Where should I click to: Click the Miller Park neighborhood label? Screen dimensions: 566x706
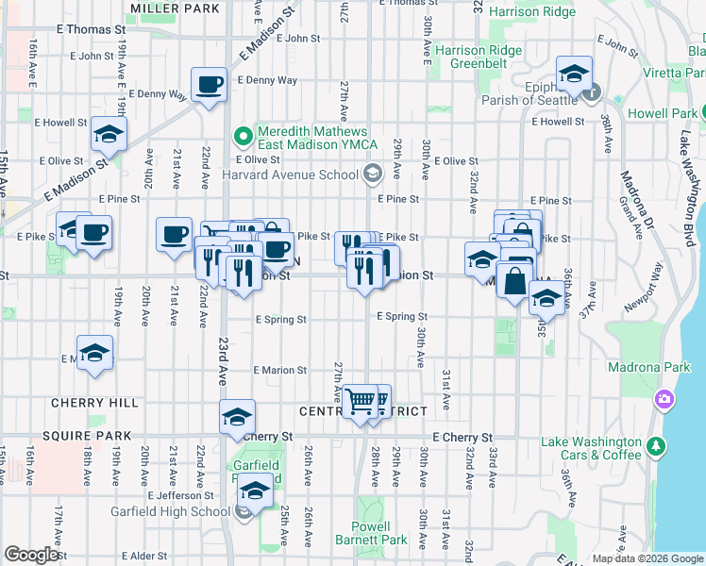click(x=176, y=8)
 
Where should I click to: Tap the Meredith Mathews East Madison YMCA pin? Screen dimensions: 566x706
click(x=244, y=137)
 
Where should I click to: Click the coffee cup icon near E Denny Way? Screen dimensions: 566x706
click(x=210, y=86)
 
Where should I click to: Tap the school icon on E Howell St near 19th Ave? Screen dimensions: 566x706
click(x=109, y=135)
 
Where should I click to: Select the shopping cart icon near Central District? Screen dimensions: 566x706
click(x=360, y=403)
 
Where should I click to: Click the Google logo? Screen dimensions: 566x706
click(x=31, y=555)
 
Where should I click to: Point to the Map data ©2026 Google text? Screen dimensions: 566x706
click(x=647, y=558)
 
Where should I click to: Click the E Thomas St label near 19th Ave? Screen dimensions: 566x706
click(x=94, y=30)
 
